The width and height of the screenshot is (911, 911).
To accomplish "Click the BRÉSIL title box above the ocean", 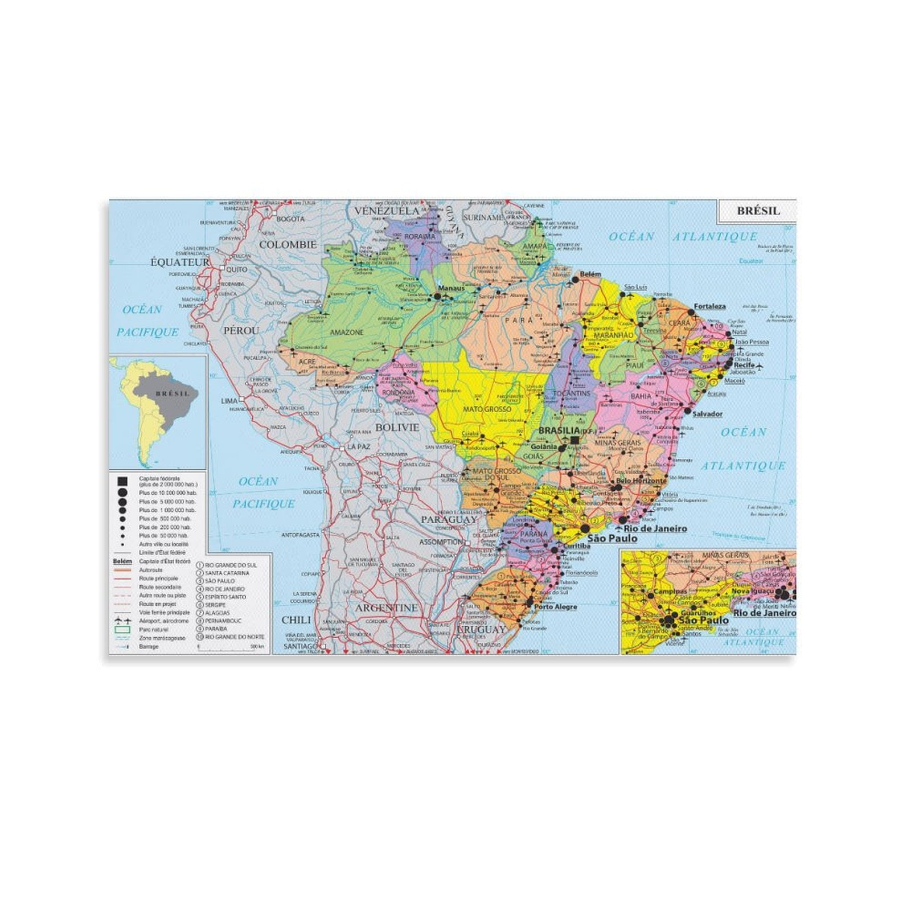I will click(758, 211).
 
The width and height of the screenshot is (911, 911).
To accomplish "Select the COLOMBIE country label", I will click(288, 245).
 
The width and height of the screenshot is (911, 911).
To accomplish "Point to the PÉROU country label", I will click(241, 330).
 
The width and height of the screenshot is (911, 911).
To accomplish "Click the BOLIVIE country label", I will click(397, 427).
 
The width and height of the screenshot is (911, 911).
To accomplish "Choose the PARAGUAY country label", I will click(449, 519).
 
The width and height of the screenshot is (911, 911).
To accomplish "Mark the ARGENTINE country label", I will click(387, 608).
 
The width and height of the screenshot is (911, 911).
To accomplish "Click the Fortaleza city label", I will click(709, 306).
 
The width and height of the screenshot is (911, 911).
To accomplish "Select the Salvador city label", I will click(708, 414).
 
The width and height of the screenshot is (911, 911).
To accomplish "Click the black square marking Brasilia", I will click(574, 440).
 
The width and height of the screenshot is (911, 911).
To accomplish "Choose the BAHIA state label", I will click(641, 396).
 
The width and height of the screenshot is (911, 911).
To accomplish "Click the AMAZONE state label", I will click(347, 332).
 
